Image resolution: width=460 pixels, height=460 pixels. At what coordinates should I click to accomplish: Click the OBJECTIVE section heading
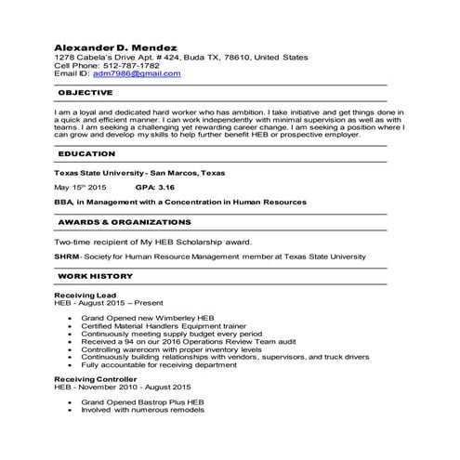pos(85,93)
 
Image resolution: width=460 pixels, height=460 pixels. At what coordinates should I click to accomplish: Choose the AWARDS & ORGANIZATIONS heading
pos(125,222)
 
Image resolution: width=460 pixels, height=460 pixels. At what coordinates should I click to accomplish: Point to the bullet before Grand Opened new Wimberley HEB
pos(72,317)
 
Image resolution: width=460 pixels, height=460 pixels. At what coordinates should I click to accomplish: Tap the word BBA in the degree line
pos(63,200)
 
